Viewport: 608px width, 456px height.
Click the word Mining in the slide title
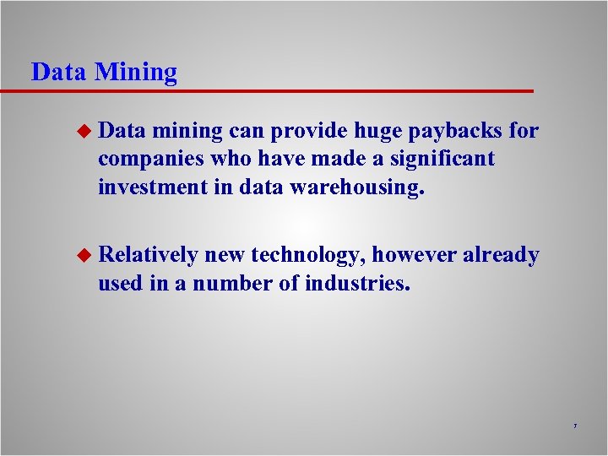(136, 73)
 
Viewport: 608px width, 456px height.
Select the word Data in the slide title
(58, 73)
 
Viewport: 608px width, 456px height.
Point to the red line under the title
(279, 90)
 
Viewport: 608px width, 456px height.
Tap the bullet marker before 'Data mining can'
(83, 132)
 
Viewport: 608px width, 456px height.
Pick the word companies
(149, 160)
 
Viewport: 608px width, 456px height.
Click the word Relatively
(148, 255)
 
